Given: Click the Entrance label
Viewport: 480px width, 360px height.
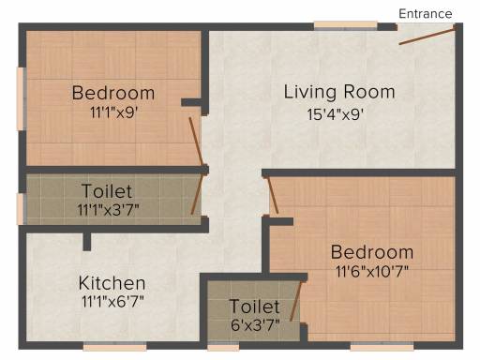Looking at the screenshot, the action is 426,14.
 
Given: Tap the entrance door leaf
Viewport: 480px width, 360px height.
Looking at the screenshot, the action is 427,36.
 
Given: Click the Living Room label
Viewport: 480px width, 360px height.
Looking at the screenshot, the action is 339,92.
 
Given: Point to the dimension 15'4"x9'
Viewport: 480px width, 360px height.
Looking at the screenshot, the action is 336,114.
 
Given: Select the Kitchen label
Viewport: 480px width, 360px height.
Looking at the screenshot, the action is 112,283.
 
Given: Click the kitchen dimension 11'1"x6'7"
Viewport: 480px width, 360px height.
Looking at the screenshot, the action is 112,302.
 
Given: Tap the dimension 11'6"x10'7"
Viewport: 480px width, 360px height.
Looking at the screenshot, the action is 372,271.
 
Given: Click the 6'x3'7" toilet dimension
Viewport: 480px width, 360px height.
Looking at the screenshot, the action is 255,325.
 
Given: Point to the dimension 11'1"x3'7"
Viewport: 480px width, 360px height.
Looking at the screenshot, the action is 108,210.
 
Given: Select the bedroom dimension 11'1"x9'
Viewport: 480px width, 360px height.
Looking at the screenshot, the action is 113,112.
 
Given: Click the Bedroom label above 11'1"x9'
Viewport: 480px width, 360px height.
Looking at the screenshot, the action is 113,93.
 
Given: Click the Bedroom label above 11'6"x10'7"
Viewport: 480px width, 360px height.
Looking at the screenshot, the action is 372,252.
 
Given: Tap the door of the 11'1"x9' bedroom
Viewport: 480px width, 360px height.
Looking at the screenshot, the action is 197,142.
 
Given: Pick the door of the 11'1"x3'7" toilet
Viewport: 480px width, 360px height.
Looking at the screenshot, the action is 198,194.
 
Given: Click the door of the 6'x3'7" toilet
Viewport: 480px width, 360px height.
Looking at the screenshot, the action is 296,301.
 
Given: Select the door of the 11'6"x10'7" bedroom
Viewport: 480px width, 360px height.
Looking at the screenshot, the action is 272,196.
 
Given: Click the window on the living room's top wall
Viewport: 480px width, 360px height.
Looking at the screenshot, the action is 345,25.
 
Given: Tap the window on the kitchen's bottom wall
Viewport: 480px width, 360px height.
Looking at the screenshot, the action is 114,346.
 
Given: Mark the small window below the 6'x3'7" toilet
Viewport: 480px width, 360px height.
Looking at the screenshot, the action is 223,346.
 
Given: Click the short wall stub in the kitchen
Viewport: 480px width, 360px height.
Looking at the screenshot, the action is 87,241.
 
